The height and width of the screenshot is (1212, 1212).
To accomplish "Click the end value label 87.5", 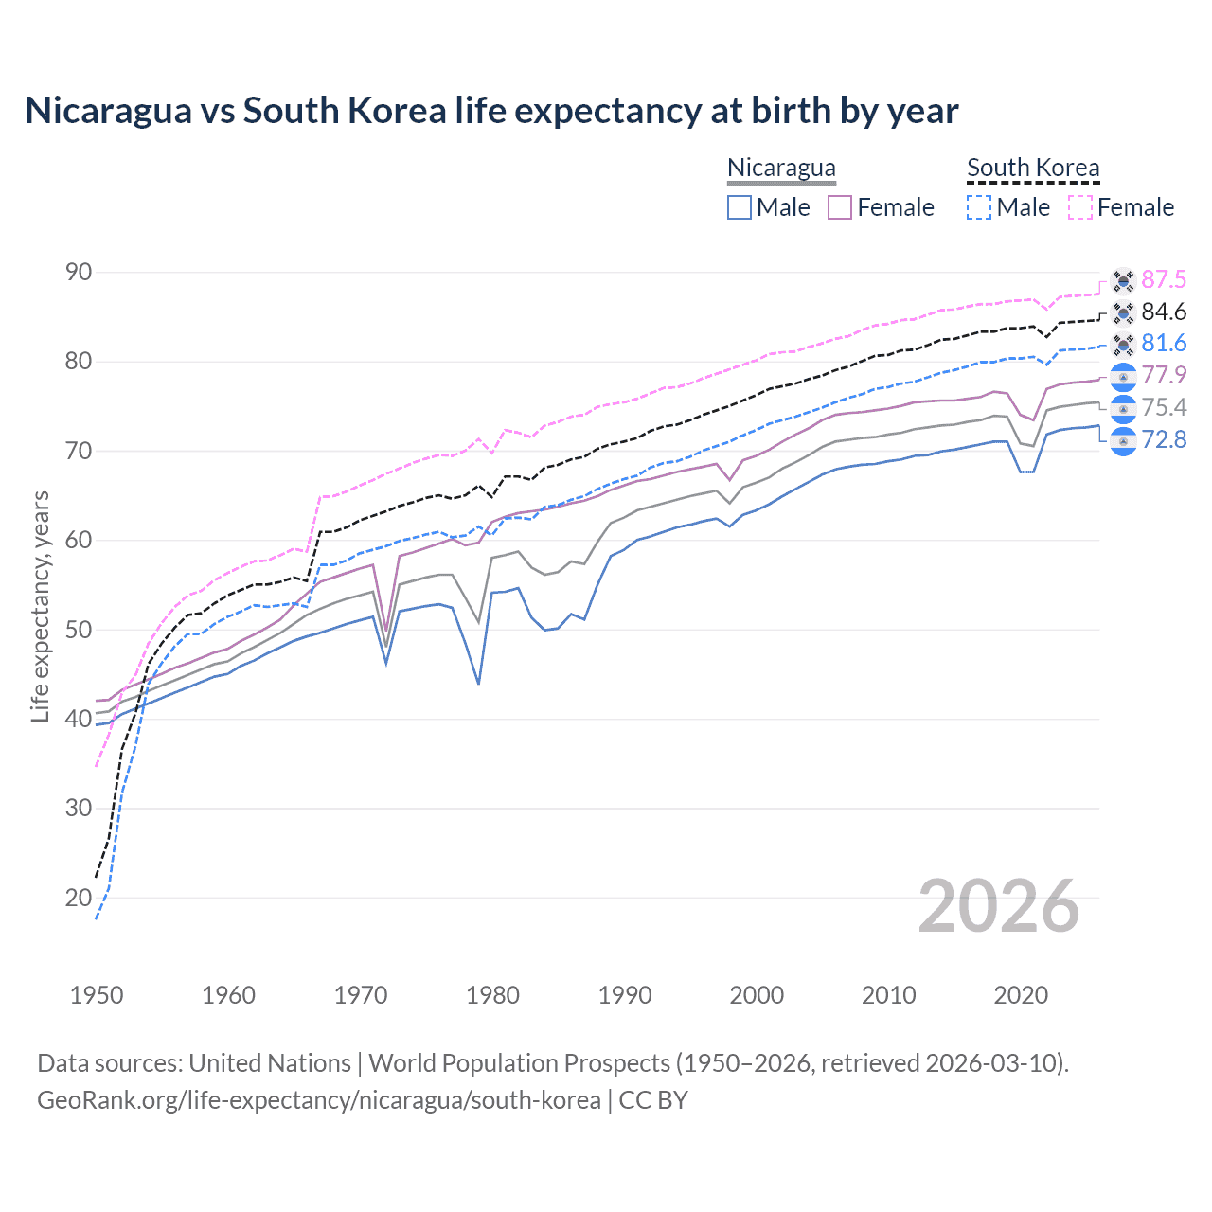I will coord(1164,280).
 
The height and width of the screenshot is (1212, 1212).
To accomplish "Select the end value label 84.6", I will coord(1164,312).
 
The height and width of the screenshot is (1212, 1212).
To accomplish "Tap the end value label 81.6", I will coord(1164,344).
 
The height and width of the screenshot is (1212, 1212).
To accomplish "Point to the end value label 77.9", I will coord(1164,376).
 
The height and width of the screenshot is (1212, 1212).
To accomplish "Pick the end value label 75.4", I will coord(1164,408).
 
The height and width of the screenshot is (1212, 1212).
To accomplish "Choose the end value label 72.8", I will coord(1164,440).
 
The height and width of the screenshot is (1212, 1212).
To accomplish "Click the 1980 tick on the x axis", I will coord(492,995).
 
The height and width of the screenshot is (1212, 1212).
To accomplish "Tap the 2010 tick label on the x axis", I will coord(888,995).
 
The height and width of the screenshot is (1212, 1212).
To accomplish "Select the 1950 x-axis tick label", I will coord(97,995).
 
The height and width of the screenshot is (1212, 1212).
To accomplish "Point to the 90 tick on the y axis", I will coord(79,273).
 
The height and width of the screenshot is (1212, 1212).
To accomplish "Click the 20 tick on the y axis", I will coord(79,898).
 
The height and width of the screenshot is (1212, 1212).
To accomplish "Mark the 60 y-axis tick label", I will coord(79,541).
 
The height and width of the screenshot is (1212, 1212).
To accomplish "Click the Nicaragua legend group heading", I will coord(781,168).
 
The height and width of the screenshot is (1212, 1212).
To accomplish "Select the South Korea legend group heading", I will coord(1033,168).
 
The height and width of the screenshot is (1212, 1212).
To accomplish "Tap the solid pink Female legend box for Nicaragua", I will coord(840,207).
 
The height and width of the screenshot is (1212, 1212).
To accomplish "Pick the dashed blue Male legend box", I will coord(979,207).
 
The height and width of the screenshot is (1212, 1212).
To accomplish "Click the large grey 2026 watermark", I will coord(999,907).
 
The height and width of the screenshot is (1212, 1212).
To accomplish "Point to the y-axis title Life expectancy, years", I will coord(41,606).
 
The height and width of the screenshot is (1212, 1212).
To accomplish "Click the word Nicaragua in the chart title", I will coord(107,111).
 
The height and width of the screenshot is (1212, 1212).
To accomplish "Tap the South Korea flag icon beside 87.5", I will coord(1123,281).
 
